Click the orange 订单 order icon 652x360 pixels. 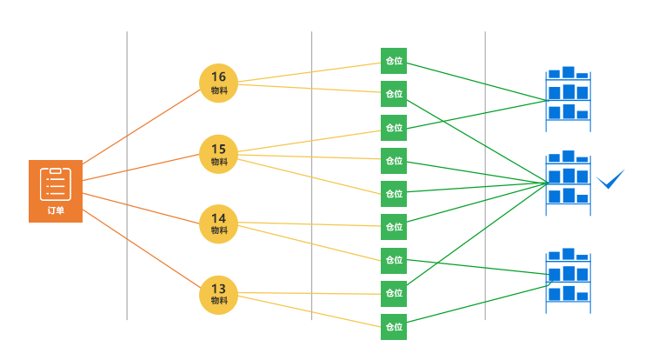click(x=56, y=190)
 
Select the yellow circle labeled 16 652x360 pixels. click(x=218, y=83)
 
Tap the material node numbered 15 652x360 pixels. click(x=218, y=154)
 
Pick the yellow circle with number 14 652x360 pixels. click(x=218, y=224)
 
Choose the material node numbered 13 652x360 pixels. click(x=218, y=295)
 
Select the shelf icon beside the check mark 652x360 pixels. click(x=568, y=183)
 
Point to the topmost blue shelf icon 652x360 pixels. click(x=568, y=97)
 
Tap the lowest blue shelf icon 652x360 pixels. click(x=568, y=279)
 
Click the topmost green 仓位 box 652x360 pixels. click(x=394, y=61)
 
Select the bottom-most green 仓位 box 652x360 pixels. click(x=394, y=327)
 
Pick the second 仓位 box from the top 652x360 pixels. click(x=394, y=94)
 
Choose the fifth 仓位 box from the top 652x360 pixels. click(x=394, y=194)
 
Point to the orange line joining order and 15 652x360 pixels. click(x=139, y=168)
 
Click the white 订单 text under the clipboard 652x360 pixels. click(x=56, y=210)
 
